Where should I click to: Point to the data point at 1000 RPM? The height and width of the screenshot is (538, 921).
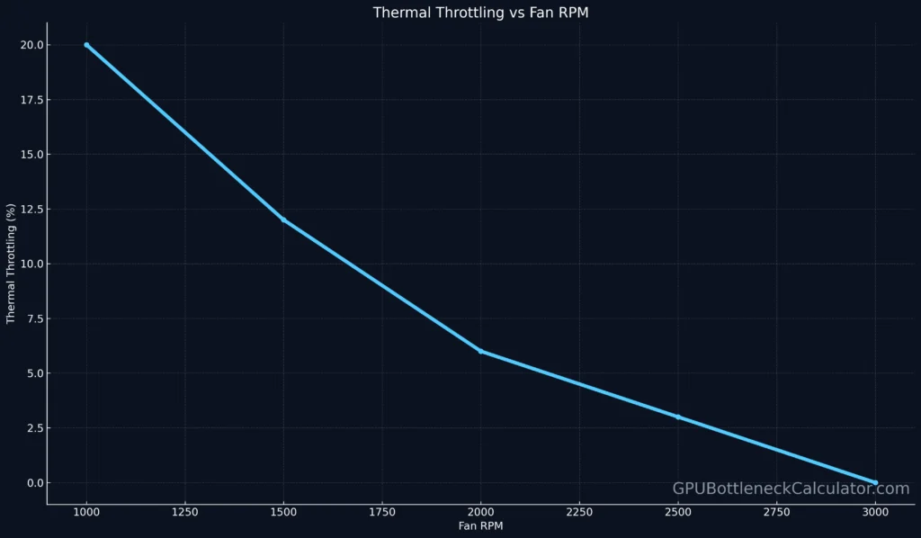(86, 45)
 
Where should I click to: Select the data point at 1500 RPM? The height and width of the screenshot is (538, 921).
(283, 220)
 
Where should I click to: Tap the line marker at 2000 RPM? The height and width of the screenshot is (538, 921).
(481, 351)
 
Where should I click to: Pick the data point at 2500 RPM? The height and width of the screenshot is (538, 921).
(678, 417)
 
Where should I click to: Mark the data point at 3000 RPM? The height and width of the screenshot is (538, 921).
(875, 482)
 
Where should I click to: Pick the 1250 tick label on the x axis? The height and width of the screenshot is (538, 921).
(185, 512)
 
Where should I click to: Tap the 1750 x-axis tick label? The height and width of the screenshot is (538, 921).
(382, 512)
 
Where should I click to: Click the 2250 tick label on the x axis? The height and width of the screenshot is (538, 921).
(579, 512)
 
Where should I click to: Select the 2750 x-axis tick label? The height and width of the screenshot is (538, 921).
(776, 512)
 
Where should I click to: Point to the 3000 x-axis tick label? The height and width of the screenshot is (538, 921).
(875, 512)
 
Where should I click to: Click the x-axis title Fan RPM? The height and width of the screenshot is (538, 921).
(480, 525)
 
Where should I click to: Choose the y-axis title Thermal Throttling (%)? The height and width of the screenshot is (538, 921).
(11, 264)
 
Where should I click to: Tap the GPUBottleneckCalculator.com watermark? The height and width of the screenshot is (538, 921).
(791, 489)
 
